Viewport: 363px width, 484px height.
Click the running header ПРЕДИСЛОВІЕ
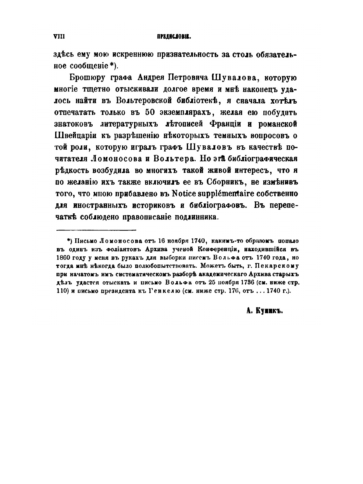[174, 37]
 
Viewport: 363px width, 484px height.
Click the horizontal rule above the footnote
[96, 230]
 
